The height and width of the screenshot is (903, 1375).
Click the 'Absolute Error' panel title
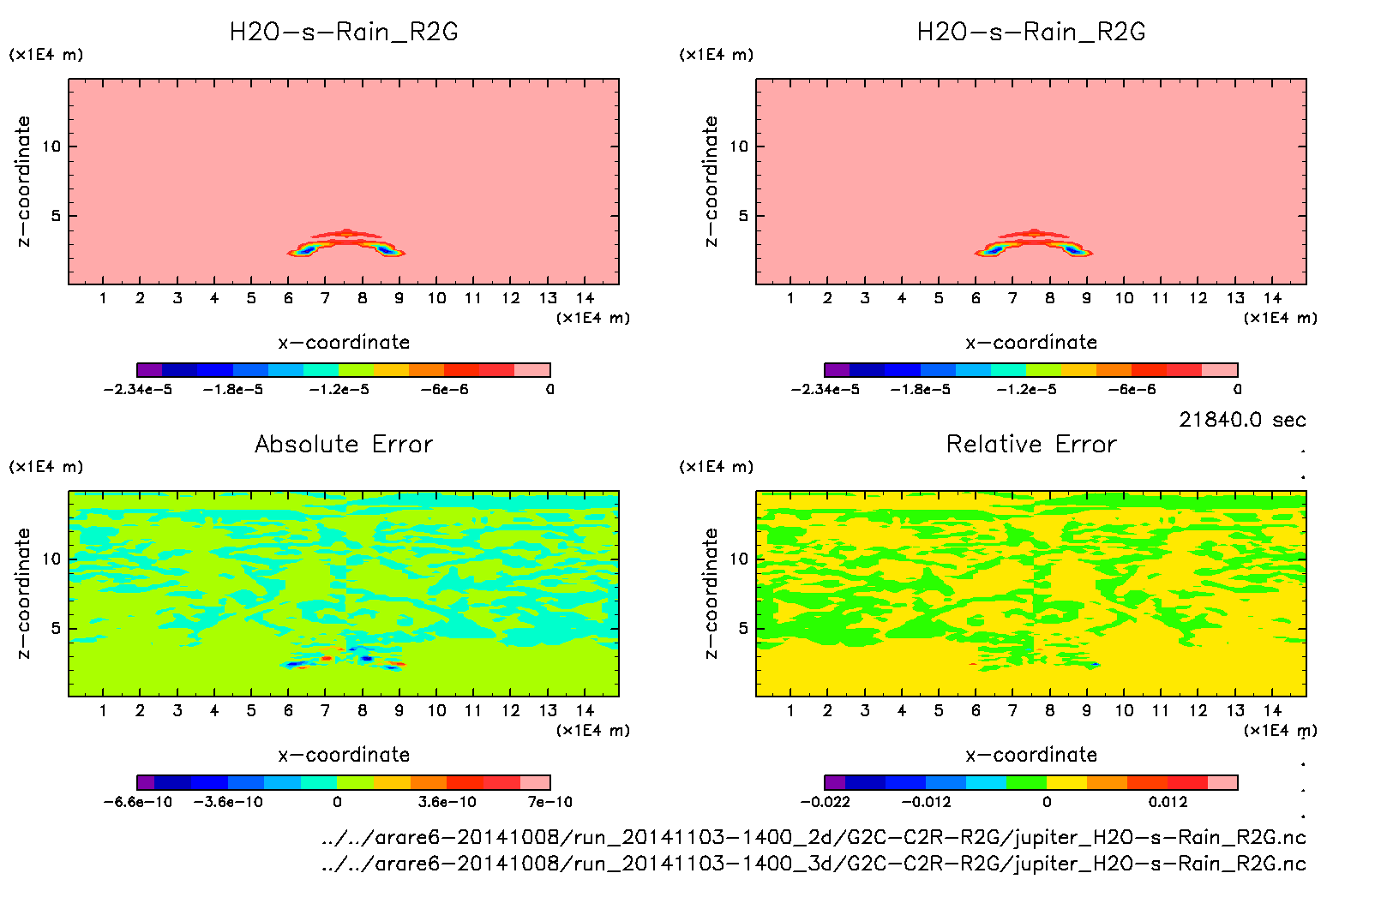344,444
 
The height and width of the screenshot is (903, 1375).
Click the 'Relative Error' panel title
1031,444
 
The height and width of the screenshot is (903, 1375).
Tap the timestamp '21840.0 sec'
1242,420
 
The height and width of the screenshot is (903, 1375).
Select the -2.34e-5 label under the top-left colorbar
138,390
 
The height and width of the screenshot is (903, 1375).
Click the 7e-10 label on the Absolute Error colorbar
549,802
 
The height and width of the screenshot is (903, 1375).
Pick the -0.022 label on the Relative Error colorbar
825,802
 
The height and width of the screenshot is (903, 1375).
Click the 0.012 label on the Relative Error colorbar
1168,802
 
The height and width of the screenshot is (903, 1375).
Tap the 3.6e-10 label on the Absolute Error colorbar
447,802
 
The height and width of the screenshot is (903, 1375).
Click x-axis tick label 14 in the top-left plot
585,298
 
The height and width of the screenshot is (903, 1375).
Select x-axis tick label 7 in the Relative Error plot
1012,710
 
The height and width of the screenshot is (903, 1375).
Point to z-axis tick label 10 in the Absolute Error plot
52,559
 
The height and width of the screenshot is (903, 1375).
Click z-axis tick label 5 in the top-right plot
743,216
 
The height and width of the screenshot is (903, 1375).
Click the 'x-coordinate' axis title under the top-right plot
1031,343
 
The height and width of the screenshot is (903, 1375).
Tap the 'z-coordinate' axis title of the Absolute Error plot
23,593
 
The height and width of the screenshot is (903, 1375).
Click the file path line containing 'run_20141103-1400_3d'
814,864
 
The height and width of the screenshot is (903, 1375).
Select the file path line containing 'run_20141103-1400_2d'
814,837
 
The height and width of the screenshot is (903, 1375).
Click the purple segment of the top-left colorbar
150,370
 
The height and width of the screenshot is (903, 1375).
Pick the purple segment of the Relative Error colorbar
835,782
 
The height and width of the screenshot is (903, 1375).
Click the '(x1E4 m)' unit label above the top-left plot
46,55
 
